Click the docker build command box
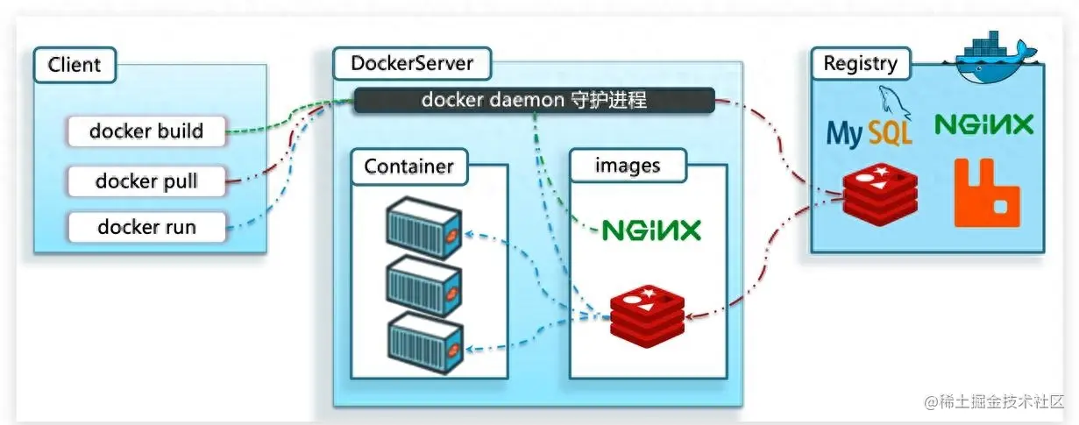pos(146,131)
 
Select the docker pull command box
pos(146,181)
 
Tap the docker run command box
pos(146,227)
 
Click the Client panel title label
pos(75,64)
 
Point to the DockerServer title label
pos(411,63)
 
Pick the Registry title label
pos(860,63)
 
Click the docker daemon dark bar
pos(534,100)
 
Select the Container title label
pos(408,166)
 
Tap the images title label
pos(628,165)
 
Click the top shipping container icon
pos(424,228)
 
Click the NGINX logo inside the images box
pos(651,230)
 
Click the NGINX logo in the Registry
pos(983,124)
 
